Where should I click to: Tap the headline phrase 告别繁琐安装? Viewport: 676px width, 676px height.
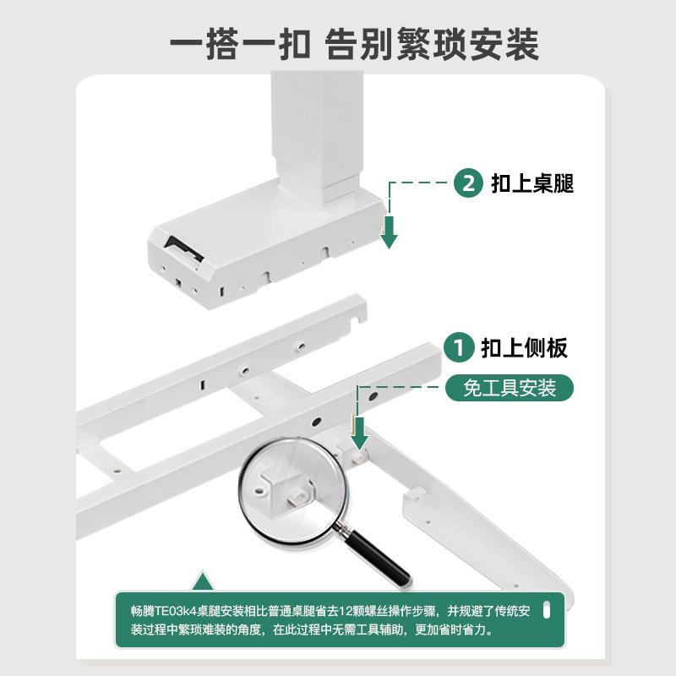[432, 44]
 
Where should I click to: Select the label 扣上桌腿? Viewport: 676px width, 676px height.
[532, 183]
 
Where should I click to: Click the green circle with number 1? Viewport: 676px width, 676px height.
[459, 347]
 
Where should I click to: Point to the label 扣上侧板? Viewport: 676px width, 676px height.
[524, 347]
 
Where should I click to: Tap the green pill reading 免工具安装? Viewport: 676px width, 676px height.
[510, 388]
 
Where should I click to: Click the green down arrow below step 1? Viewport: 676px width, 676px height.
[360, 434]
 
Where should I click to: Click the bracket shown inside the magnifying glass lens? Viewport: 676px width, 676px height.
[283, 489]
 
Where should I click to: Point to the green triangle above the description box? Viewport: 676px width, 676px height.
[201, 581]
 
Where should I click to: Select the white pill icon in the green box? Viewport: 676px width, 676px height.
[545, 610]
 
